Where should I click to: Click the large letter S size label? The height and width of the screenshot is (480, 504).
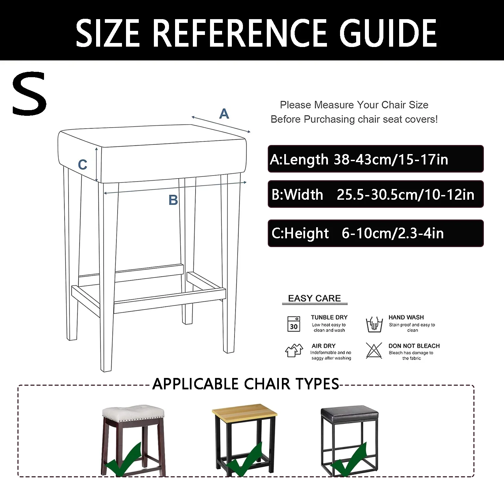pos(30,93)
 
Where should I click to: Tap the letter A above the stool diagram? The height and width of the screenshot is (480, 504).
pos(224,114)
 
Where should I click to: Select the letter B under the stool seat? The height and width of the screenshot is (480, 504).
pos(173,200)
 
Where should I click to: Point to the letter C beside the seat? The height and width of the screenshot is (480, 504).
pos(83,164)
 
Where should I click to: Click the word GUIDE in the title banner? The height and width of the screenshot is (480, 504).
pos(388,33)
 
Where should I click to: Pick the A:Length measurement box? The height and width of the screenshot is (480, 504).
pos(376,159)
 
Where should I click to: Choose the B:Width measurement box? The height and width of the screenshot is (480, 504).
pos(376,194)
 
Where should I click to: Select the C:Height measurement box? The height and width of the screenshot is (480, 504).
pos(376,233)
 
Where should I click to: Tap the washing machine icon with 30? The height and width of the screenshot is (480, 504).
pos(294,324)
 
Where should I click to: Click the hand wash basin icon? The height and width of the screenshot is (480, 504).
pos(374,325)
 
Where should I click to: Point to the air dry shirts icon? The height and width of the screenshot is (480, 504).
pos(294,350)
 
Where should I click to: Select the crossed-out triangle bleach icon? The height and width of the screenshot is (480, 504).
pos(374,350)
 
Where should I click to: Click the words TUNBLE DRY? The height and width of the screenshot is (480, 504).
pos(329,317)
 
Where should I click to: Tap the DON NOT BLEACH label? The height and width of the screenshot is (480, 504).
pos(414,346)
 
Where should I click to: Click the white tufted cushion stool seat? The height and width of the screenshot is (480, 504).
pos(133,414)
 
